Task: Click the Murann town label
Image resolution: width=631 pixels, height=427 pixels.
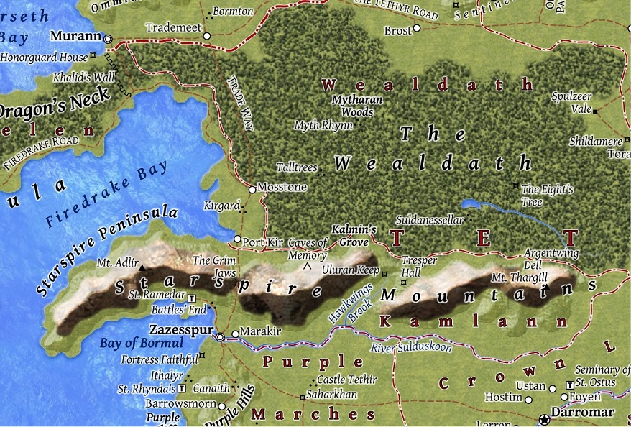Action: [x=74, y=35]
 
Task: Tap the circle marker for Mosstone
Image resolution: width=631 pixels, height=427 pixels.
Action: [x=252, y=190]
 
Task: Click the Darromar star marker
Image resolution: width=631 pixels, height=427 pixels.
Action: [x=545, y=418]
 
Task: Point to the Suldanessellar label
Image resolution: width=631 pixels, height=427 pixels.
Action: [x=430, y=221]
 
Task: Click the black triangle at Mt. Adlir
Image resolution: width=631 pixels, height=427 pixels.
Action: [x=142, y=268]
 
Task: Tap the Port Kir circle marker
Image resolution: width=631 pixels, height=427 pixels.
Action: [x=238, y=239]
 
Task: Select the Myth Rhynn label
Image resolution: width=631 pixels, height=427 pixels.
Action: [x=323, y=126]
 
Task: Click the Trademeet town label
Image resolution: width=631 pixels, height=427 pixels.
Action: [x=172, y=28]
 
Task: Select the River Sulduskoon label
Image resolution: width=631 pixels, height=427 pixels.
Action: [x=411, y=348]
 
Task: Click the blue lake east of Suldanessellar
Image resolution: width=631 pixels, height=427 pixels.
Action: [x=478, y=205]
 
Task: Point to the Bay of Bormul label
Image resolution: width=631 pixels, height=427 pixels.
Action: [x=132, y=343]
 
